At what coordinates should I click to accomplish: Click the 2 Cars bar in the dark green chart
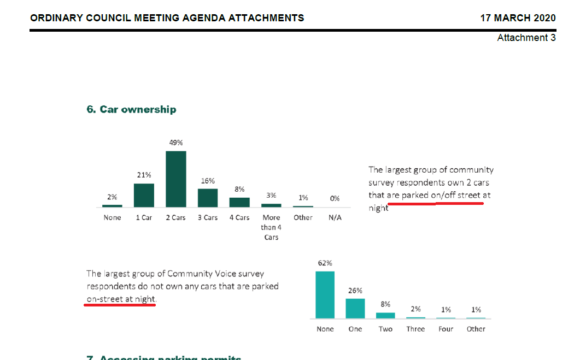coord(176,179)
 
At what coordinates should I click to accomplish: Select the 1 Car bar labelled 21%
coord(144,195)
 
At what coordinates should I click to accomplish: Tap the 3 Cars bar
coord(208,197)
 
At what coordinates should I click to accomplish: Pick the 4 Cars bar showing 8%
coord(239,202)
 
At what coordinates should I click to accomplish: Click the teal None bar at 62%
coord(325,294)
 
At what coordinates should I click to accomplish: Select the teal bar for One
coord(355,308)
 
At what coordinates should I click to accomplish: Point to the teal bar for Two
coord(385,315)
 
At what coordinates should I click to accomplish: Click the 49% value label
coord(176,143)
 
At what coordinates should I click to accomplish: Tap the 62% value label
coord(325,263)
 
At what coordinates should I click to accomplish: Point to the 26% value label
coord(355,291)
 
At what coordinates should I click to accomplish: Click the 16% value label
coord(208,180)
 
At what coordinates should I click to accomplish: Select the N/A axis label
coord(335,217)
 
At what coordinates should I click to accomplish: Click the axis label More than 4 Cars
coord(271,227)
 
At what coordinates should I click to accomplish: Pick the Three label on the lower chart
coord(415,329)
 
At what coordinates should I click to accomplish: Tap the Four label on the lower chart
coord(446,329)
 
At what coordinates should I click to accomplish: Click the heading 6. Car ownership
coord(131,109)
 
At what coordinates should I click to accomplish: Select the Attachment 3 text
coord(526,38)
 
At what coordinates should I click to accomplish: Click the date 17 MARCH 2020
coord(518,18)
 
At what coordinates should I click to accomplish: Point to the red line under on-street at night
coord(120,305)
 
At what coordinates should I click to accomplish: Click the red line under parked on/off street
coord(435,203)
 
